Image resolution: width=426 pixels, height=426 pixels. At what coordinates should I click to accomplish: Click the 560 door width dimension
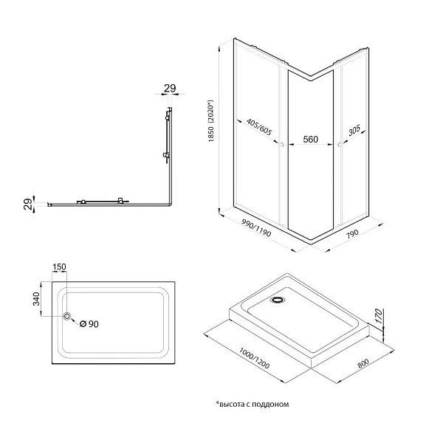click(310, 140)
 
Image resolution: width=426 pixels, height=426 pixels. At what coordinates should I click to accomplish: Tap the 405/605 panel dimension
click(259, 127)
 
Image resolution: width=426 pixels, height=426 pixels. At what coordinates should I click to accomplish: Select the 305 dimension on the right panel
click(354, 130)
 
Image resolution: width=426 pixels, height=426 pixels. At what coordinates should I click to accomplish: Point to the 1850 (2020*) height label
click(211, 121)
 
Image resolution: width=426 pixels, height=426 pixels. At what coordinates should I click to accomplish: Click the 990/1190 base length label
click(256, 228)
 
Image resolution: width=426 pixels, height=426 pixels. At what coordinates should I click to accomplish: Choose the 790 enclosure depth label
click(352, 234)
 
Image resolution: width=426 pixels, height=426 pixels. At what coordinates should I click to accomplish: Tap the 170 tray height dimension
click(378, 316)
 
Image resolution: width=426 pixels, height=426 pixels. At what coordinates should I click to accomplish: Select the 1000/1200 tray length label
click(254, 358)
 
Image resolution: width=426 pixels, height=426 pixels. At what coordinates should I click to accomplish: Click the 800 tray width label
click(363, 363)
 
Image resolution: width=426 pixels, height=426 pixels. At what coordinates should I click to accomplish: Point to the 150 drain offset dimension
click(59, 267)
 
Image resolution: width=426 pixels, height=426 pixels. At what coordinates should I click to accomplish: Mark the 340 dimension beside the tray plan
click(36, 299)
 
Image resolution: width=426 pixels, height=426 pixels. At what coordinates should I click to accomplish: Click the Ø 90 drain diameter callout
click(89, 324)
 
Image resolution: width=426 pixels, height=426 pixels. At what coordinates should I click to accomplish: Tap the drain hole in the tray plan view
click(67, 316)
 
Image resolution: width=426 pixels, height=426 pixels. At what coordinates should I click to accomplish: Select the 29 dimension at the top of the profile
click(170, 88)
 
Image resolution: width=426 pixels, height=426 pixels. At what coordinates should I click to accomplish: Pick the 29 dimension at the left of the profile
click(28, 204)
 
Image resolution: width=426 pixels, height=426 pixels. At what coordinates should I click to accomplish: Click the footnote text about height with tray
click(252, 405)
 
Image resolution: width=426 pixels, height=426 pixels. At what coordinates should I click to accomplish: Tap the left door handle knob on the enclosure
click(282, 145)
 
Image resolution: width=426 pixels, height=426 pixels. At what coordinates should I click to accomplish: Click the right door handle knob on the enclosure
click(340, 145)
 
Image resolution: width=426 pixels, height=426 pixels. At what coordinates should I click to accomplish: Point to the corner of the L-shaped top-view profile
click(171, 205)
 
